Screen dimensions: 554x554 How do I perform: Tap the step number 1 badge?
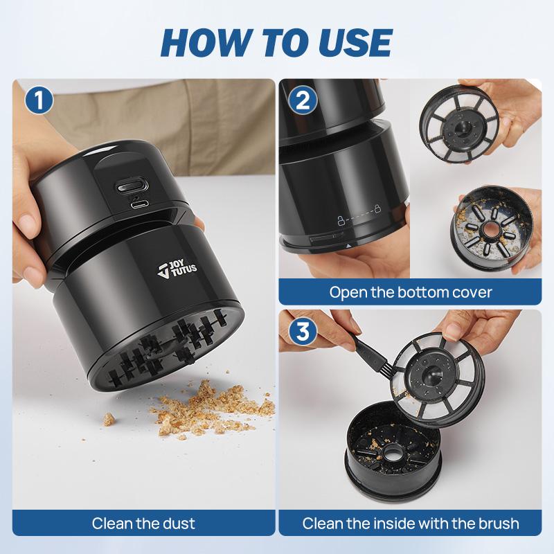39,100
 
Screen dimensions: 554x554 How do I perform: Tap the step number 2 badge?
303,100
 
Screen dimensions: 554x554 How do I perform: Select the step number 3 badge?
303,332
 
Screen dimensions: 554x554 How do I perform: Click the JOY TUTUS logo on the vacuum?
177,269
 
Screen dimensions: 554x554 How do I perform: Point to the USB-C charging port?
139,204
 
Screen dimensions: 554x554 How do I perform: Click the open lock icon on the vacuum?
340,220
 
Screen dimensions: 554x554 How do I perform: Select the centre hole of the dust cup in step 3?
392,453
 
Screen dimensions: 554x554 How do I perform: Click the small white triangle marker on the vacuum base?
349,245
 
